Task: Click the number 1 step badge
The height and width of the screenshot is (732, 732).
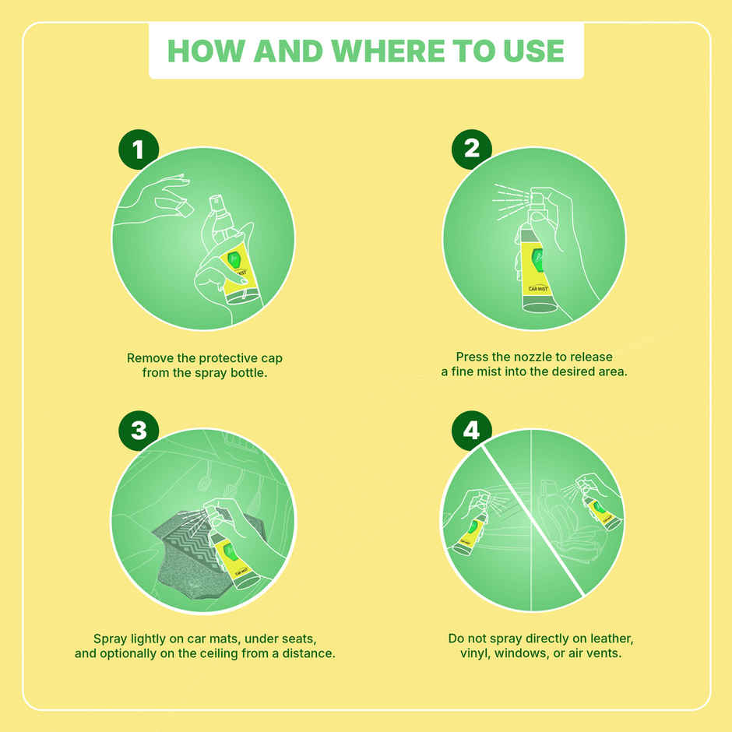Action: point(138,149)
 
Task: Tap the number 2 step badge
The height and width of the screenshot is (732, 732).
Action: point(471,149)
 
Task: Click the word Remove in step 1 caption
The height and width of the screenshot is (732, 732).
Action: point(150,358)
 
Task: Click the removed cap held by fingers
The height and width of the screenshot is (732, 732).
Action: point(185,208)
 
